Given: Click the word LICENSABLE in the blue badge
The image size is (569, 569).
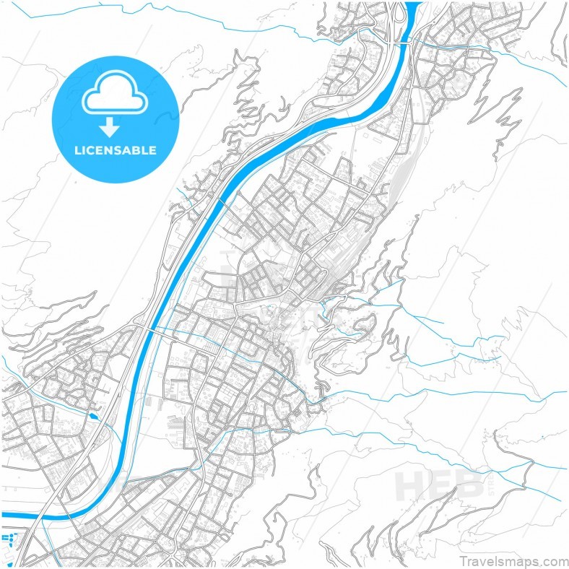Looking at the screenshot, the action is pyautogui.click(x=116, y=151).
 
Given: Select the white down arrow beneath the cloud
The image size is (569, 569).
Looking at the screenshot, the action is pyautogui.click(x=110, y=129).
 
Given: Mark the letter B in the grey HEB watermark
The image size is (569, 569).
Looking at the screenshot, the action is pyautogui.click(x=471, y=485).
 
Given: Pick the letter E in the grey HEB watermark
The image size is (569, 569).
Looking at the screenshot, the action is pyautogui.click(x=441, y=485).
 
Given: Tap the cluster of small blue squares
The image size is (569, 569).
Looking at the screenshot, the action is pyautogui.click(x=9, y=539).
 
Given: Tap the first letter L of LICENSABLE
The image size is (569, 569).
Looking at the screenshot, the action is pyautogui.click(x=78, y=151).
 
